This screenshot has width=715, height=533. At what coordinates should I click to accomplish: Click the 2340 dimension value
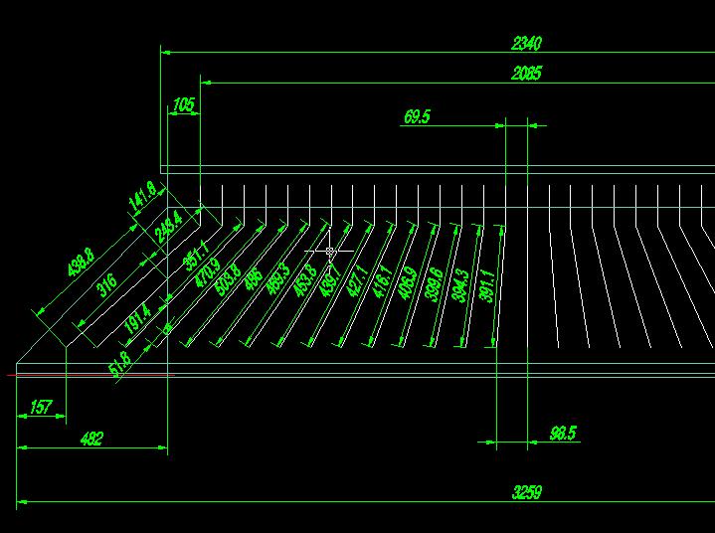click(x=527, y=44)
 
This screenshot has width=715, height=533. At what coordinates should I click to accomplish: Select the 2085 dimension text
click(x=527, y=74)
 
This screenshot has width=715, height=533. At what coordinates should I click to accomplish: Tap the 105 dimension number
click(x=184, y=103)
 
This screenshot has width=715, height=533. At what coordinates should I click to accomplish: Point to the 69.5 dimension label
click(x=417, y=117)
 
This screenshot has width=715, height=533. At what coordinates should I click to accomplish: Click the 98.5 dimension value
click(x=563, y=434)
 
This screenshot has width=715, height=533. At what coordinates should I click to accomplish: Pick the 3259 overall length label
click(x=527, y=492)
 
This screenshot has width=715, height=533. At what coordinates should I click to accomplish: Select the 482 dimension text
click(x=90, y=439)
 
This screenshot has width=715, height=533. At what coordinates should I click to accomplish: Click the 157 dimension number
click(x=41, y=407)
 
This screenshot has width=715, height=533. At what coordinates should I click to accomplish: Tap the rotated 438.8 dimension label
click(x=80, y=264)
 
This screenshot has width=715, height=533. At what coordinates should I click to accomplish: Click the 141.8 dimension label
click(x=142, y=195)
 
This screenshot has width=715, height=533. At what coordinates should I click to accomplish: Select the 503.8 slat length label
click(x=229, y=277)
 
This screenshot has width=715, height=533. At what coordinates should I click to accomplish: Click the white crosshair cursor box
click(x=330, y=252)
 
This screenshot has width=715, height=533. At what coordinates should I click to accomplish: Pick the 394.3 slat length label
click(x=459, y=286)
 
